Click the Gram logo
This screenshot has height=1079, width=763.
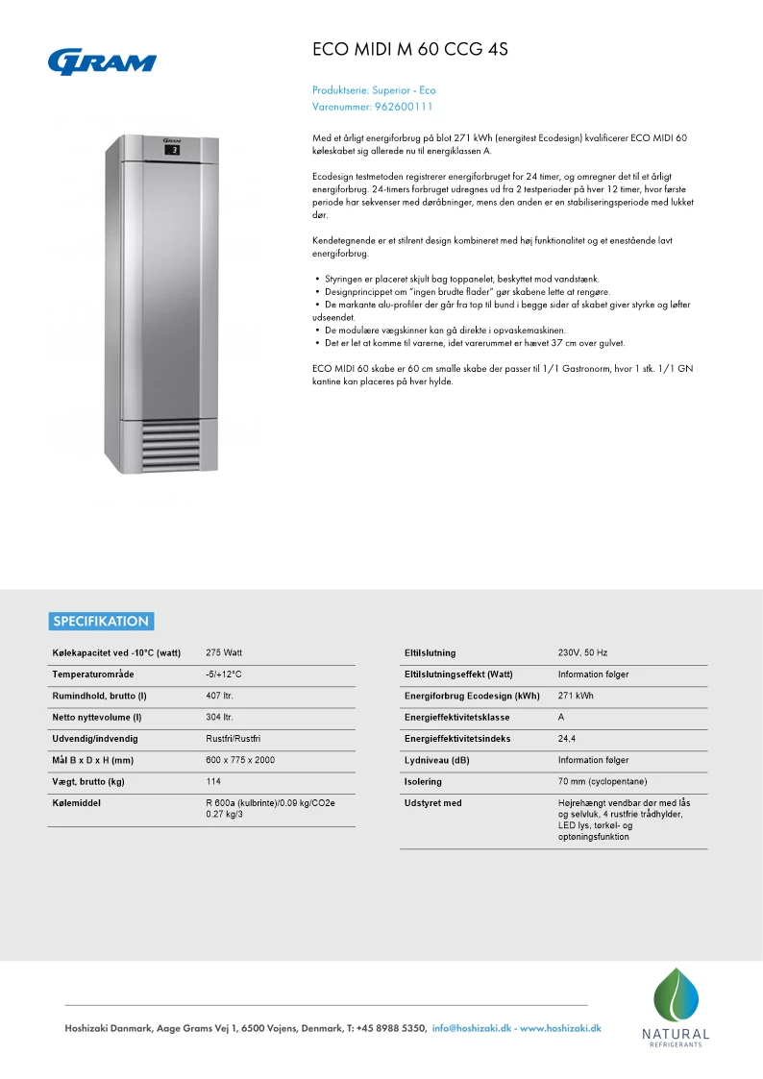pyautogui.click(x=102, y=61)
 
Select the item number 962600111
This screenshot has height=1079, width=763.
pyautogui.click(x=404, y=107)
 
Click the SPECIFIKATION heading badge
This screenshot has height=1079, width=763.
pyautogui.click(x=101, y=621)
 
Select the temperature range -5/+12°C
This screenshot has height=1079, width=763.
pyautogui.click(x=224, y=674)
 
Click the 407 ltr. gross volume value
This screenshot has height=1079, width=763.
pyautogui.click(x=220, y=696)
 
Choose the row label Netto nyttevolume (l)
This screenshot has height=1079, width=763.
pyautogui.click(x=97, y=717)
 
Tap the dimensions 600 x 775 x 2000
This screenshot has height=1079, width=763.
pyautogui.click(x=240, y=760)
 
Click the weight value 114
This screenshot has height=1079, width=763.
pyautogui.click(x=213, y=781)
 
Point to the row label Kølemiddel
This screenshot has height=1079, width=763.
pyautogui.click(x=76, y=803)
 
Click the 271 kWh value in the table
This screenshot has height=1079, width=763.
pyautogui.click(x=576, y=696)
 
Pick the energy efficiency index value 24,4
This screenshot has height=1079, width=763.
pyautogui.click(x=567, y=739)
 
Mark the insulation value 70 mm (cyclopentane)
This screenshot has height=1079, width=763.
pyautogui.click(x=602, y=782)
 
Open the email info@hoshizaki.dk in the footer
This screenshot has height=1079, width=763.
pyautogui.click(x=472, y=1028)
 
